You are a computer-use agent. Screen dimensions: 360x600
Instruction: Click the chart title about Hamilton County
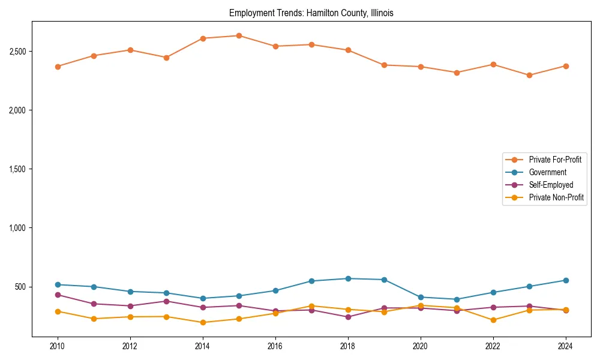311,13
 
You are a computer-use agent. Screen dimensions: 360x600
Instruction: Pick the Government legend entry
547,172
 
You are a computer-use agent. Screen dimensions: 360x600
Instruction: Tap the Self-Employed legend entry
551,185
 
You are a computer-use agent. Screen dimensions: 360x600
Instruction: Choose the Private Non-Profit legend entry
556,197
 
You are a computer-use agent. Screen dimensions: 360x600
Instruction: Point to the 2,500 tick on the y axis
16,52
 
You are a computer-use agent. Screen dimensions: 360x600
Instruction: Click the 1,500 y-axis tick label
16,169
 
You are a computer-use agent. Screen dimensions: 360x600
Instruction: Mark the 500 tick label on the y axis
20,287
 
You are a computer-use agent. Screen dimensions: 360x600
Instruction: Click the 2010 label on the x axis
58,346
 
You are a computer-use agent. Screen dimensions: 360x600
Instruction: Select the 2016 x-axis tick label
275,346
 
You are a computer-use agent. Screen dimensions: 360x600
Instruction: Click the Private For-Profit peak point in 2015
239,35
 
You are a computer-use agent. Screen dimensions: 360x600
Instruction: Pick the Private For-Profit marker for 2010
58,67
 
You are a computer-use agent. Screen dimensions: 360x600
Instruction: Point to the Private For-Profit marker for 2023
529,76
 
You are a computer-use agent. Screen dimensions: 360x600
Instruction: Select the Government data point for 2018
348,278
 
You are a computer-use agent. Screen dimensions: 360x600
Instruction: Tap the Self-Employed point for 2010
58,295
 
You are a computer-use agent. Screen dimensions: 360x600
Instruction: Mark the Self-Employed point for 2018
348,317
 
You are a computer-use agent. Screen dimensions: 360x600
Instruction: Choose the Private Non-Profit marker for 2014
203,322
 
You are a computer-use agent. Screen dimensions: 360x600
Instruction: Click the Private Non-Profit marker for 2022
493,320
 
